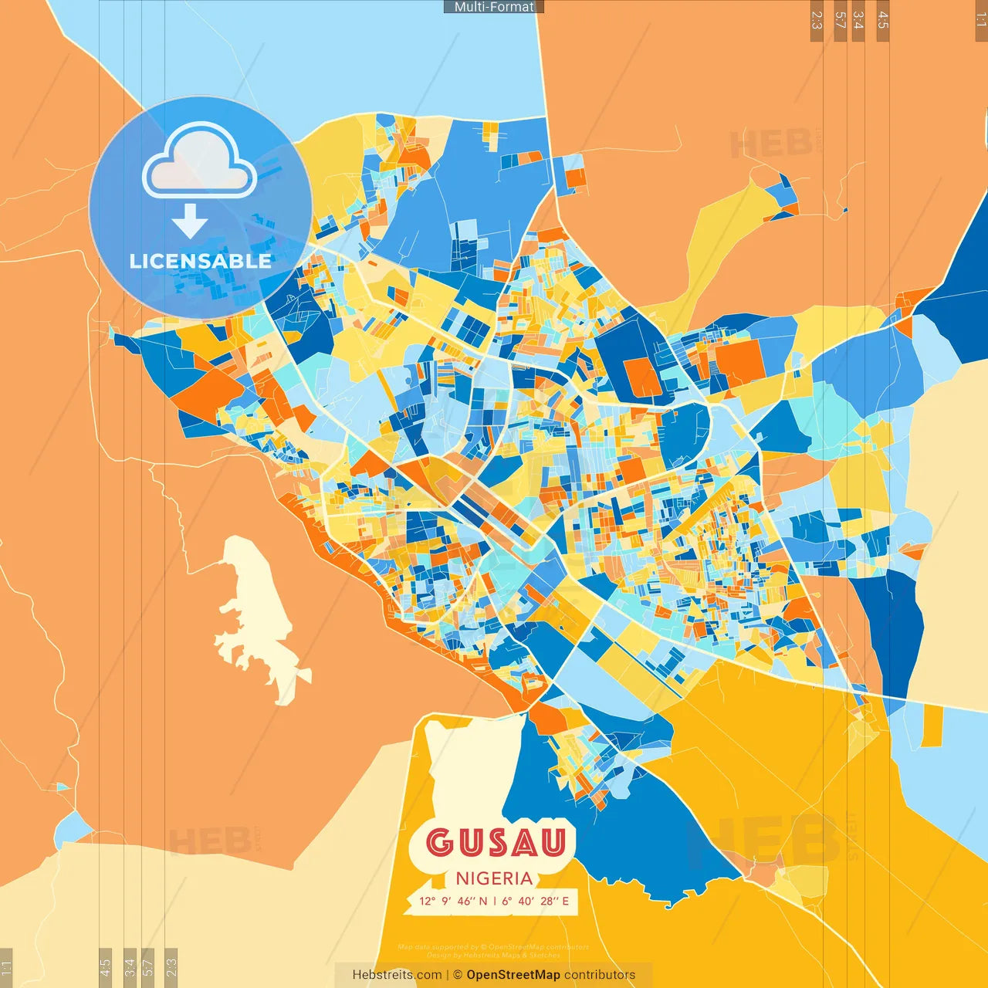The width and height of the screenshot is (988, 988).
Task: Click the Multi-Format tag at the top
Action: coord(494,7)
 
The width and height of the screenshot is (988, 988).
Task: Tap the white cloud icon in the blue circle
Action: coord(200,161)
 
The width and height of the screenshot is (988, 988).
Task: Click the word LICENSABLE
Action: coord(201,261)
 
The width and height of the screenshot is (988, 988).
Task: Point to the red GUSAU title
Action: coord(496,843)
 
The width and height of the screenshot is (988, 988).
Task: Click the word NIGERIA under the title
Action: coord(494,878)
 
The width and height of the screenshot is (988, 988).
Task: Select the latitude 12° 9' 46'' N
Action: coord(453,901)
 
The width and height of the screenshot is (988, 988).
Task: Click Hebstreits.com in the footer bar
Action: coord(397,975)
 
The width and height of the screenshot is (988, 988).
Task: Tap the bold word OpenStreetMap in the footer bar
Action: coord(513,975)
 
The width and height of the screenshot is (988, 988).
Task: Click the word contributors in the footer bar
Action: coord(600,975)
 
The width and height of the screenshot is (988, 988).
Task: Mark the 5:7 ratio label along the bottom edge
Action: coord(148,966)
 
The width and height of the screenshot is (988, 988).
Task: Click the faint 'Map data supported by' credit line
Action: coord(494,947)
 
